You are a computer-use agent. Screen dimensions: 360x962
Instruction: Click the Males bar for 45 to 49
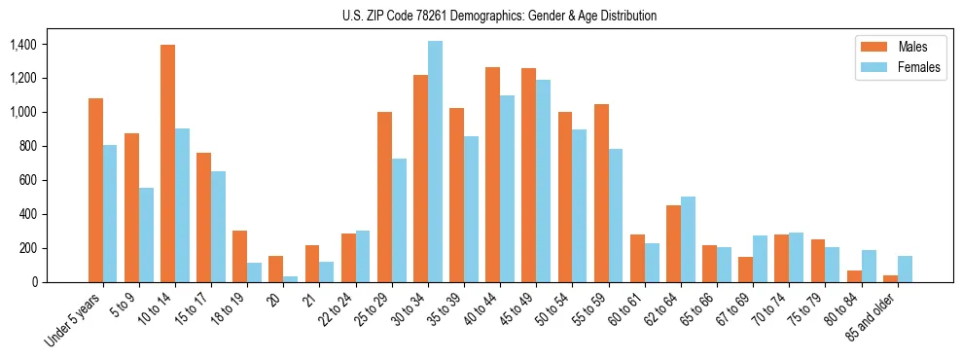(529, 175)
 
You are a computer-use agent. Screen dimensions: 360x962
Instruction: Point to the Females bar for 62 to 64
(688, 239)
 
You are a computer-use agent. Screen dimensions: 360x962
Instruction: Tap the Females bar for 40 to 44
(507, 189)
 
